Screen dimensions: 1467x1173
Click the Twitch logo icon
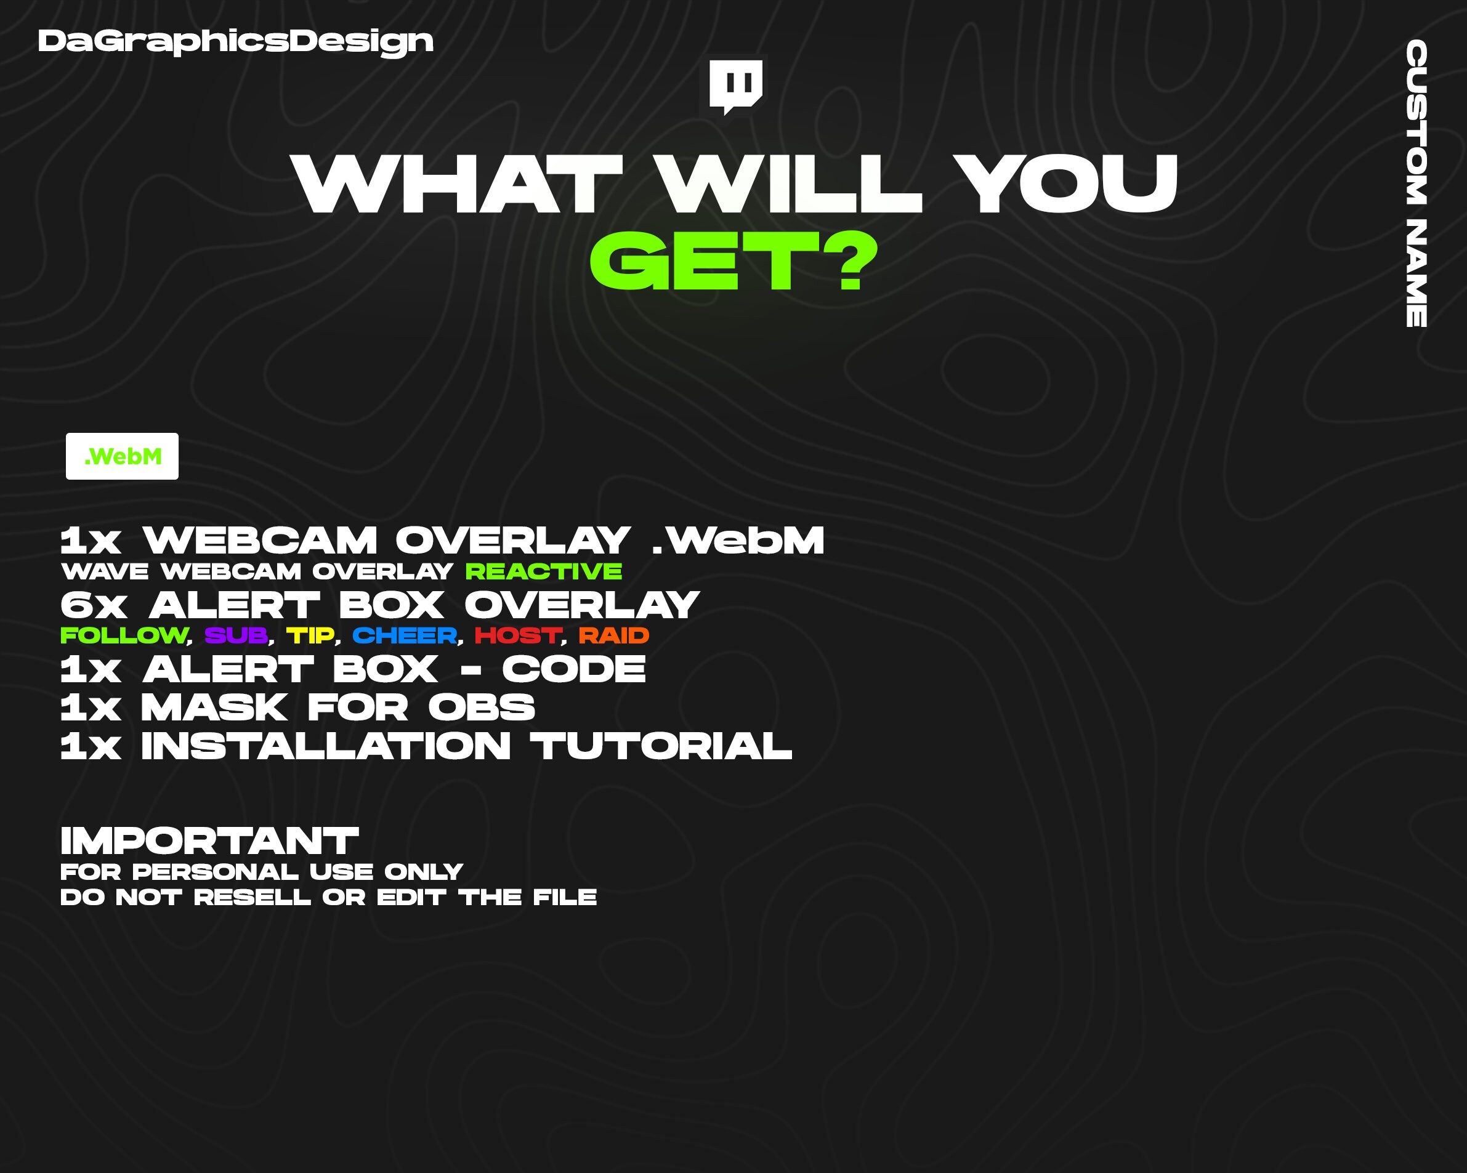tap(735, 86)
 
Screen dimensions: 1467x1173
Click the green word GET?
tap(733, 261)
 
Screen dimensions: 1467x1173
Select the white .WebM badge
tap(123, 456)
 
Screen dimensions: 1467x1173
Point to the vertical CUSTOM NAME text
tap(1416, 183)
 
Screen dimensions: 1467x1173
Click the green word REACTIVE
tap(544, 571)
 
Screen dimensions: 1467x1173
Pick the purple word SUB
tap(236, 635)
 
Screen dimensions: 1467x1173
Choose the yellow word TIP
tap(310, 635)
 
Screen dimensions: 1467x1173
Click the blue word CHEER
tap(405, 635)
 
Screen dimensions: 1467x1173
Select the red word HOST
tap(518, 635)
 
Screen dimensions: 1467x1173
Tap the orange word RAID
tap(614, 635)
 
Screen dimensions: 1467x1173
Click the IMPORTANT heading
tap(209, 841)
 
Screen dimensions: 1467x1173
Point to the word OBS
tap(482, 707)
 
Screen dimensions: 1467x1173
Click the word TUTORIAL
tap(661, 746)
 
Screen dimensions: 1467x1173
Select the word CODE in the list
tap(573, 669)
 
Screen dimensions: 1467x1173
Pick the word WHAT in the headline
tap(457, 183)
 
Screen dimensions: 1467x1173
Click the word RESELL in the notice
tap(252, 897)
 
